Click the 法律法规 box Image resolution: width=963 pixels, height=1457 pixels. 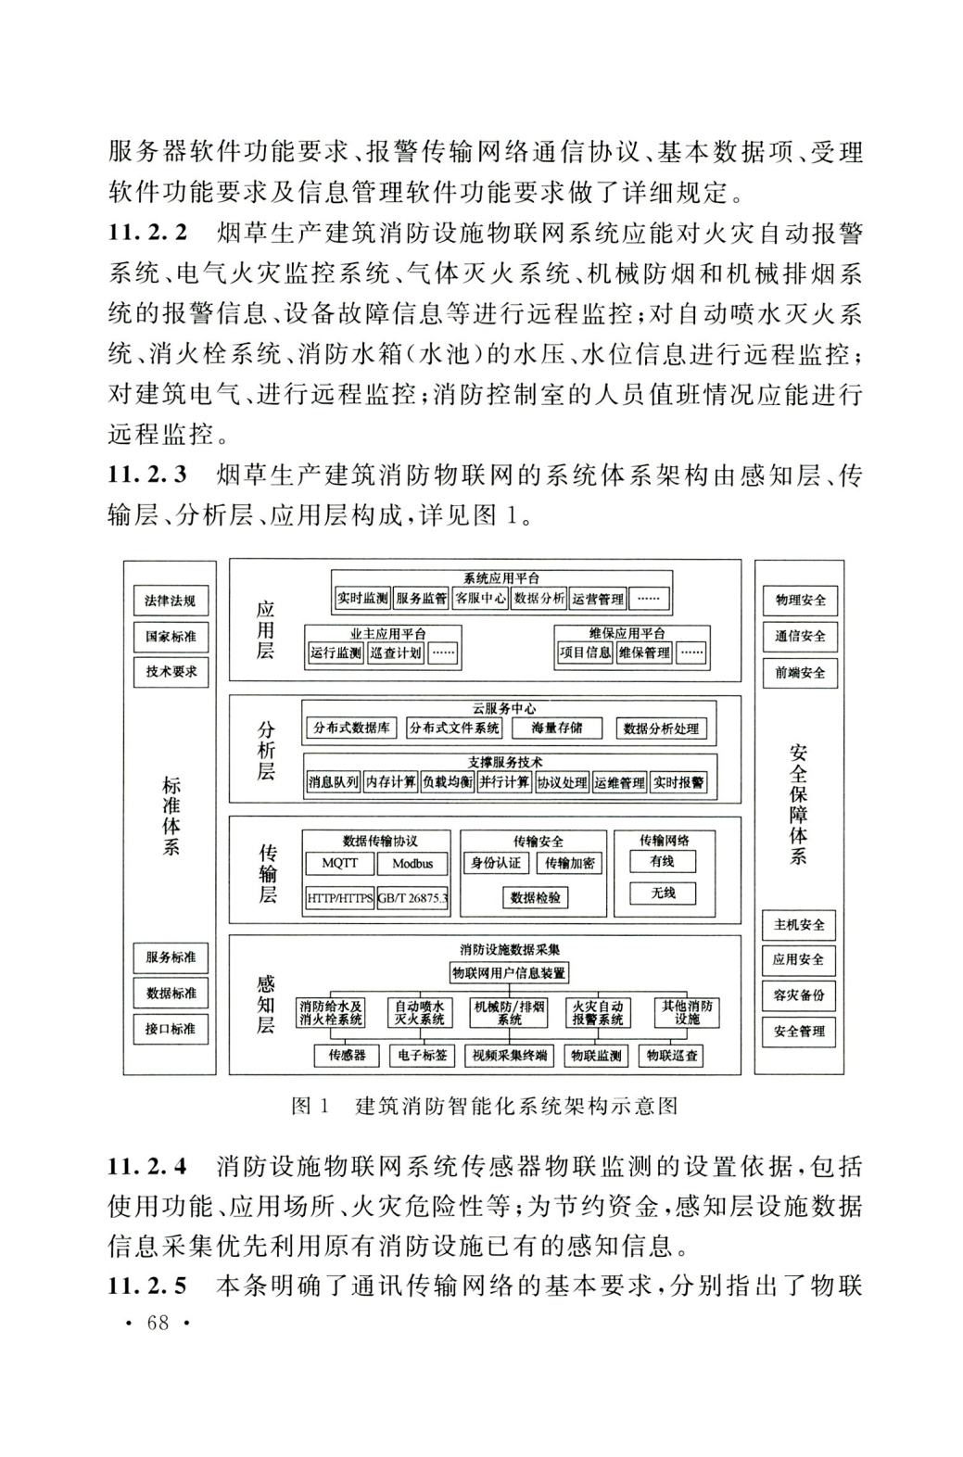point(171,601)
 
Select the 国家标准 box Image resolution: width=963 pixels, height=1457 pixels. point(171,636)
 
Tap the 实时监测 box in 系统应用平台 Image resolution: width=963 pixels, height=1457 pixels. point(362,599)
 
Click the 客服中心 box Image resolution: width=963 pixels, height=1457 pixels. point(480,599)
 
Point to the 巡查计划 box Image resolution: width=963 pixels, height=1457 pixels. point(396,652)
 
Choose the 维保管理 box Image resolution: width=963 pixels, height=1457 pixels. point(644,652)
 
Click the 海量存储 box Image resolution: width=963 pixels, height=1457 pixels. point(557,728)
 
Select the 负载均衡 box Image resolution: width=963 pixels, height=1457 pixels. point(447,782)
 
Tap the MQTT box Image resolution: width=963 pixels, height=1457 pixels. point(339,864)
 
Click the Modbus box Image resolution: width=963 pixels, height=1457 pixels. point(412,864)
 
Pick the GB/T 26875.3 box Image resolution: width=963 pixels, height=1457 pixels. point(412,898)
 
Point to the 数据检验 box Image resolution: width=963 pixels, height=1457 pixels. point(535,897)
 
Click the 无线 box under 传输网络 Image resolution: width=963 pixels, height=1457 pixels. point(663,893)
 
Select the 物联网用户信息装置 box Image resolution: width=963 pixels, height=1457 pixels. point(509,973)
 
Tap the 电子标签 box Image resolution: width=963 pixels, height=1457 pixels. point(423,1055)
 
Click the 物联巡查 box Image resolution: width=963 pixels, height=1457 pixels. point(672,1055)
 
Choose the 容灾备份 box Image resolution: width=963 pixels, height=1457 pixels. point(799,995)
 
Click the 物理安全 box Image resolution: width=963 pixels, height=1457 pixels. point(800,600)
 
